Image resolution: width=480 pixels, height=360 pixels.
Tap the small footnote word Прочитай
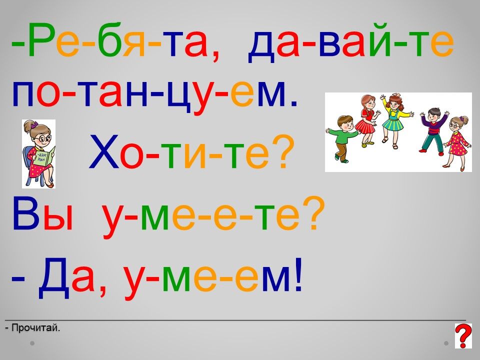[35, 328]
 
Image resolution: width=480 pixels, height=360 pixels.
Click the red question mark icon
[463, 336]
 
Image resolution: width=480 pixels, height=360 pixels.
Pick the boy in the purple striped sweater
[433, 129]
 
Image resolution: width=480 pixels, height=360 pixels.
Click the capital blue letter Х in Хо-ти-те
[104, 152]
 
